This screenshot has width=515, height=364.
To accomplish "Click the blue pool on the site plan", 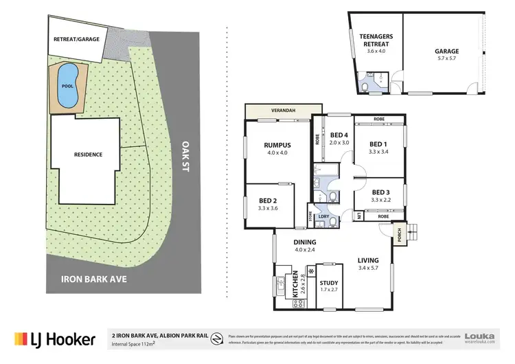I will click(67, 87).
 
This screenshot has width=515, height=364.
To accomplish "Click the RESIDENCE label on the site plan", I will click(88, 155).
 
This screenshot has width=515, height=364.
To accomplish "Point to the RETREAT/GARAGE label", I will click(76, 40).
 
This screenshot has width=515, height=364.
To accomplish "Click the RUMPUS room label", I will click(279, 145).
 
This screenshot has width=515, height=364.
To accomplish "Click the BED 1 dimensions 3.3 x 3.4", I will click(379, 152).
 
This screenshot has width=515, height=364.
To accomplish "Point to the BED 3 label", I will click(380, 192).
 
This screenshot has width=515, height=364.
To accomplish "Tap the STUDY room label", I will click(329, 282).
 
